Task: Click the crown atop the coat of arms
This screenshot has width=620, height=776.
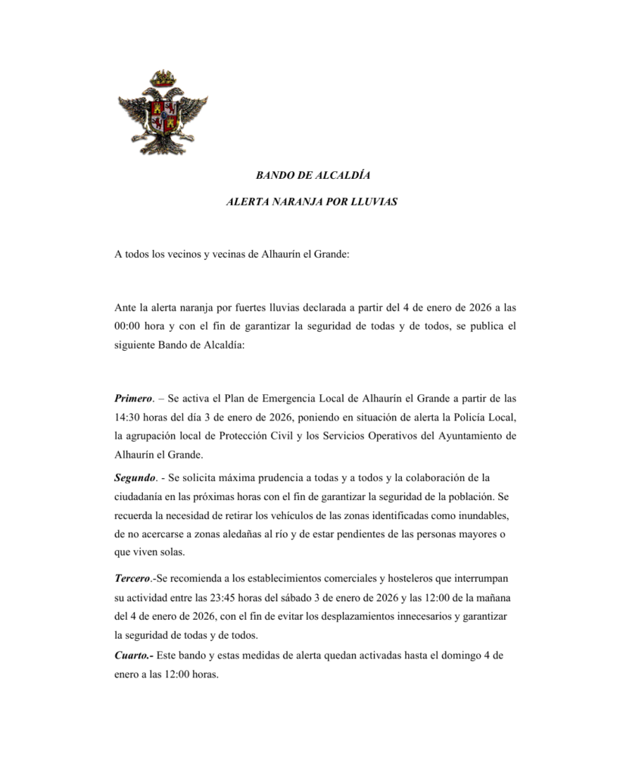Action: click(162, 77)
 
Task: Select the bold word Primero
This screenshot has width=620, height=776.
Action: click(133, 397)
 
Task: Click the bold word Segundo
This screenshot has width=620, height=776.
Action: click(135, 477)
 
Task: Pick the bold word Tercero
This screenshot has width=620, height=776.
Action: click(132, 578)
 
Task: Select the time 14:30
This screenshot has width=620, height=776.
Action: click(129, 417)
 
